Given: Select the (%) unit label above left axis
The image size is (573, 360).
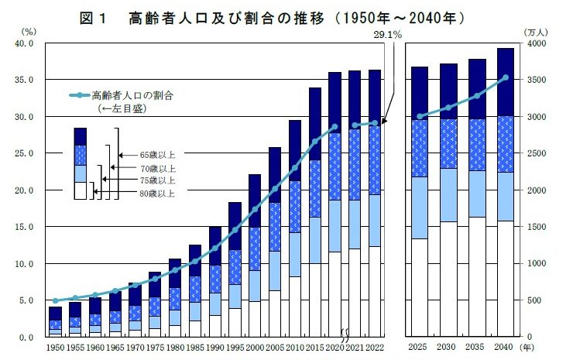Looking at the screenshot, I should tap(29, 32).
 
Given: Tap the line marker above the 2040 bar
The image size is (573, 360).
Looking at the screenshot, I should tap(506, 77).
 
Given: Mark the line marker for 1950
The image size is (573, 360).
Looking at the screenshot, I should tap(56, 300).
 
